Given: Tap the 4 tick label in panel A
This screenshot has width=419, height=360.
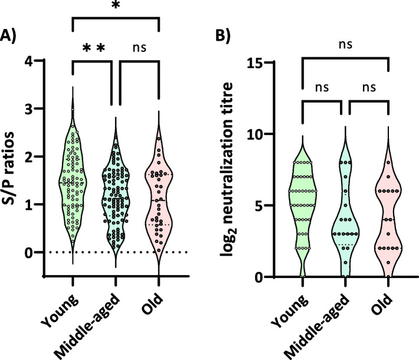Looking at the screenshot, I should [45, 61].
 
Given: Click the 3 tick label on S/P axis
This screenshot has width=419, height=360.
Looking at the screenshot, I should [45, 109].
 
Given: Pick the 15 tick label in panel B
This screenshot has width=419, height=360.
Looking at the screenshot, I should [271, 62].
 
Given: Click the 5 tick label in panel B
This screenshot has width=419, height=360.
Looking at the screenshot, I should [275, 206].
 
